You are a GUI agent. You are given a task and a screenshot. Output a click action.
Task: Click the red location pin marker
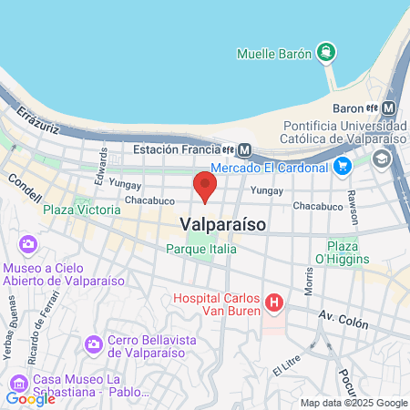(205, 188)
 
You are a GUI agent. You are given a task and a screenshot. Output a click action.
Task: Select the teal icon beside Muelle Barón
(326, 51)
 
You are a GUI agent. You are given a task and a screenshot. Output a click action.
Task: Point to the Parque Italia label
(201, 248)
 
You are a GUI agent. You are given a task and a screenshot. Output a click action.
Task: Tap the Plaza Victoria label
(81, 210)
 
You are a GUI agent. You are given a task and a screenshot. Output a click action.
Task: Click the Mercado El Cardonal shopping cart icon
(342, 166)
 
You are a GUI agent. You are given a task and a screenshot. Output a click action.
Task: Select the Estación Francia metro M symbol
(247, 150)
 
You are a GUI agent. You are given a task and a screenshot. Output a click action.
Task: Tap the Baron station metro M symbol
(390, 108)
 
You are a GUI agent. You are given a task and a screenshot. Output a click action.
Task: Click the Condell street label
(25, 187)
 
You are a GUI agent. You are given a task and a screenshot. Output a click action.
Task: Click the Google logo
(30, 398)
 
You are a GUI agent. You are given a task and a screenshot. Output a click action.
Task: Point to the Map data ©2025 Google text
(354, 403)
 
